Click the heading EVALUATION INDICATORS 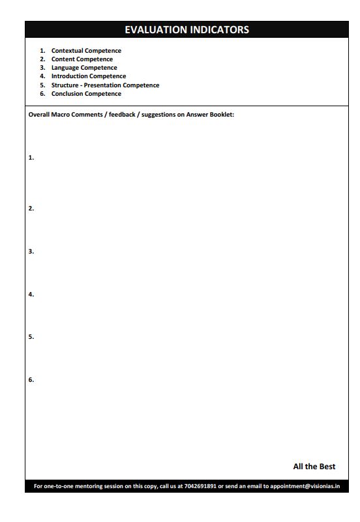click(x=187, y=30)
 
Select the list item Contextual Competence click(x=86, y=51)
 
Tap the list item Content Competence click(x=82, y=59)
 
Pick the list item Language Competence click(x=84, y=68)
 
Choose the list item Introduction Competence click(x=89, y=76)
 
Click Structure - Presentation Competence click(x=105, y=85)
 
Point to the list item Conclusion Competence click(x=86, y=94)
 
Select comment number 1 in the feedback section click(x=31, y=158)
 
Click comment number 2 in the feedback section click(x=31, y=209)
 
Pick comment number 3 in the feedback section click(x=31, y=252)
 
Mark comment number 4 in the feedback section click(x=31, y=295)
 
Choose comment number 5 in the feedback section click(x=31, y=337)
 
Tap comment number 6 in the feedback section click(x=31, y=380)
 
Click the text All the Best click(x=314, y=467)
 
